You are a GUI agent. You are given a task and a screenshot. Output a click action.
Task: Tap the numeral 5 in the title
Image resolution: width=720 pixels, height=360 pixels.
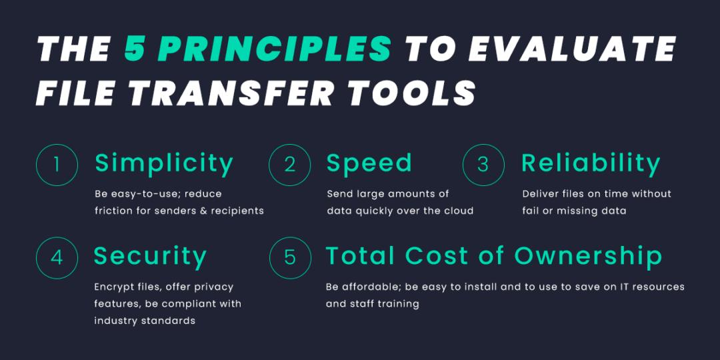pyautogui.click(x=136, y=49)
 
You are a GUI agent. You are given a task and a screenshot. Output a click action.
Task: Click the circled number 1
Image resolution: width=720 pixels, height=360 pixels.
pyautogui.click(x=57, y=164)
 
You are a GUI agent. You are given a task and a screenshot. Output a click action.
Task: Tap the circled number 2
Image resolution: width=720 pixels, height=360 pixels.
pyautogui.click(x=290, y=164)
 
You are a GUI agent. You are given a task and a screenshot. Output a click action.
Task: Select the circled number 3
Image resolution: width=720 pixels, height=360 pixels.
pyautogui.click(x=483, y=164)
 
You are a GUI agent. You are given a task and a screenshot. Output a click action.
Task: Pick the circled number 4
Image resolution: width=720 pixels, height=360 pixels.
pyautogui.click(x=57, y=257)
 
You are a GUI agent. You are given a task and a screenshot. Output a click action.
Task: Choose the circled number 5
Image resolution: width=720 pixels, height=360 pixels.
pyautogui.click(x=290, y=257)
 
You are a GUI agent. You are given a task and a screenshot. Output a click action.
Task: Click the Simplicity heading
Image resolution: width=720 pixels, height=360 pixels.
pyautogui.click(x=164, y=163)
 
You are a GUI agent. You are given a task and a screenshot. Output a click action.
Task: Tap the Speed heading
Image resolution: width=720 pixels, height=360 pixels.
pyautogui.click(x=369, y=163)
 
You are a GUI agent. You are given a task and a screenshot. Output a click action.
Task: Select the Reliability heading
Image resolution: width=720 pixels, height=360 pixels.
pyautogui.click(x=591, y=163)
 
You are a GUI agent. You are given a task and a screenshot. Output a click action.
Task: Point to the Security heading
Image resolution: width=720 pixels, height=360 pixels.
pyautogui.click(x=150, y=256)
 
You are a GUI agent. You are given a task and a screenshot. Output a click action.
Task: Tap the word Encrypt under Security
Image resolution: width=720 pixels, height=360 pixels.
pyautogui.click(x=115, y=287)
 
